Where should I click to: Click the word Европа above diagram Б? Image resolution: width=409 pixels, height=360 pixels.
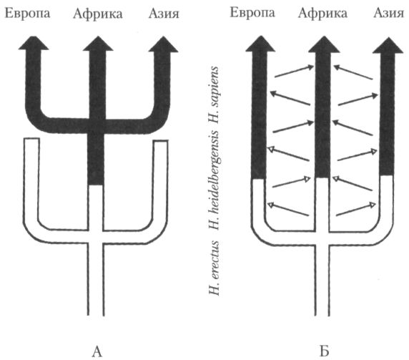coord(252,13)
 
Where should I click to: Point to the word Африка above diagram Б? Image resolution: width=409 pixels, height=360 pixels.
coord(323,13)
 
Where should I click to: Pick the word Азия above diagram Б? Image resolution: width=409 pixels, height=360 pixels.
coord(389,13)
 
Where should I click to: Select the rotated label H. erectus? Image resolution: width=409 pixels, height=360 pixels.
coord(214,268)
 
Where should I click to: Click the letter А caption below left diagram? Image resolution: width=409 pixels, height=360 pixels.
coord(97,351)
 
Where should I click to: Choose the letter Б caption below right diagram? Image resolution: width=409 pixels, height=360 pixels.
coord(324,351)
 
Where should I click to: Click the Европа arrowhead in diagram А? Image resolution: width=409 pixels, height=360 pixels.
coord(34,43)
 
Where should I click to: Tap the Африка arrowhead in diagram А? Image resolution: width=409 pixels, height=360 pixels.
coord(98,44)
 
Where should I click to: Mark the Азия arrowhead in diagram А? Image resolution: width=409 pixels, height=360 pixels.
coord(163,44)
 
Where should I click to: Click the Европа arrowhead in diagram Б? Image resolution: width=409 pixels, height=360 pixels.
coord(260,44)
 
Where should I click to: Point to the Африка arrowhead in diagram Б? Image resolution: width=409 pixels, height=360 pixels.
coord(324,44)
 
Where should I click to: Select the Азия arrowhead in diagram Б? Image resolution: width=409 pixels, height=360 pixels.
coord(388,45)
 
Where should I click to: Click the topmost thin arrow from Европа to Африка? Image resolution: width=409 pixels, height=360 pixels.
coord(294,72)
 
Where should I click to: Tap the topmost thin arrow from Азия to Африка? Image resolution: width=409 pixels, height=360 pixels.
coord(353,72)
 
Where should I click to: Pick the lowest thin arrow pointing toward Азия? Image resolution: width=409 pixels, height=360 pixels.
coord(356,209)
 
